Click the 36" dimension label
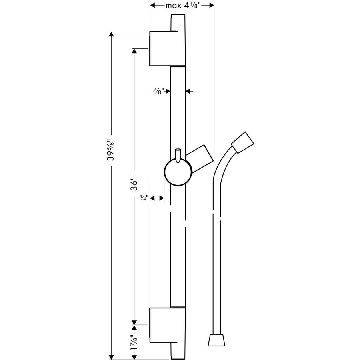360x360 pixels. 135,185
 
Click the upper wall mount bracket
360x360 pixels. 162,48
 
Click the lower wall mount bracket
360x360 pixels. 162,325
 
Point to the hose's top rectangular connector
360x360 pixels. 243,142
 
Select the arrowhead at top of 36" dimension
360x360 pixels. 135,52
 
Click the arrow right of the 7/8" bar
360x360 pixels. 189,91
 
